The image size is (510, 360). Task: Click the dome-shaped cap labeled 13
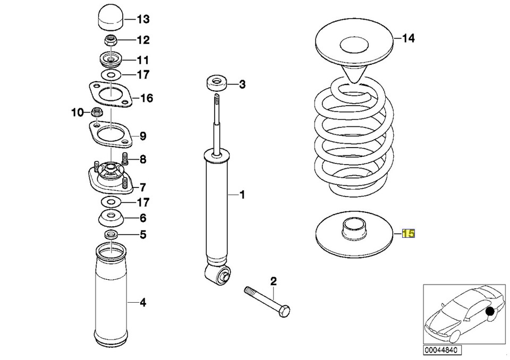(110, 20)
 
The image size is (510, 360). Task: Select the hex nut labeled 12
(110, 40)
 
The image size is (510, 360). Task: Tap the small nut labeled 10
(97, 112)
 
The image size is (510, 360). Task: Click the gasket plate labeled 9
(110, 136)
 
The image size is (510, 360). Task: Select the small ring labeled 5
(110, 235)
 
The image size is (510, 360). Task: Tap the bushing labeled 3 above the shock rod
(216, 83)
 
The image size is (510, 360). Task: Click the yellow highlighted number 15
(409, 233)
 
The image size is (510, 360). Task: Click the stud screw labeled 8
(126, 158)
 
